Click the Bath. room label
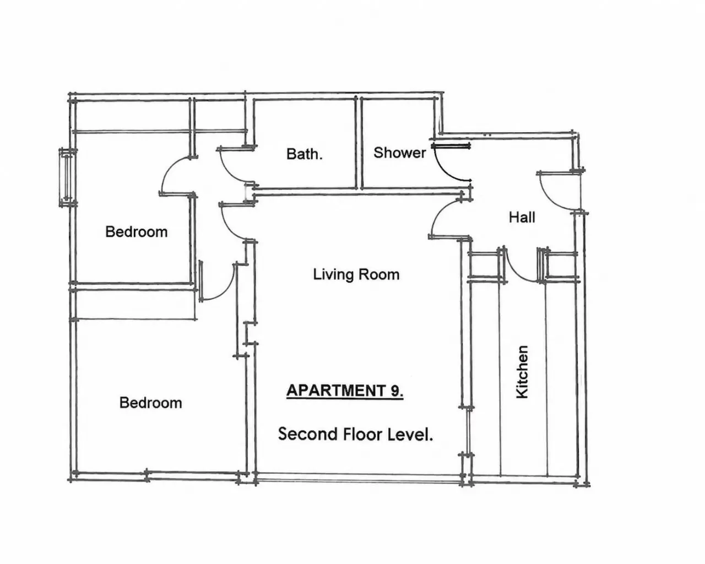coord(305,154)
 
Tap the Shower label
coord(400,153)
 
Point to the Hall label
coord(522,217)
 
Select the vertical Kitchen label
coord(522,372)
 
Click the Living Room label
coord(356,274)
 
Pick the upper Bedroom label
coord(136,232)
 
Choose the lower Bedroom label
coord(151,403)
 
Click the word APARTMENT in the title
coord(336,391)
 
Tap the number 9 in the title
coord(396,391)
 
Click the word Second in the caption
coord(308,434)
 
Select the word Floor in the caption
coord(363,434)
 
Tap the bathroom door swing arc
coord(230,170)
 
